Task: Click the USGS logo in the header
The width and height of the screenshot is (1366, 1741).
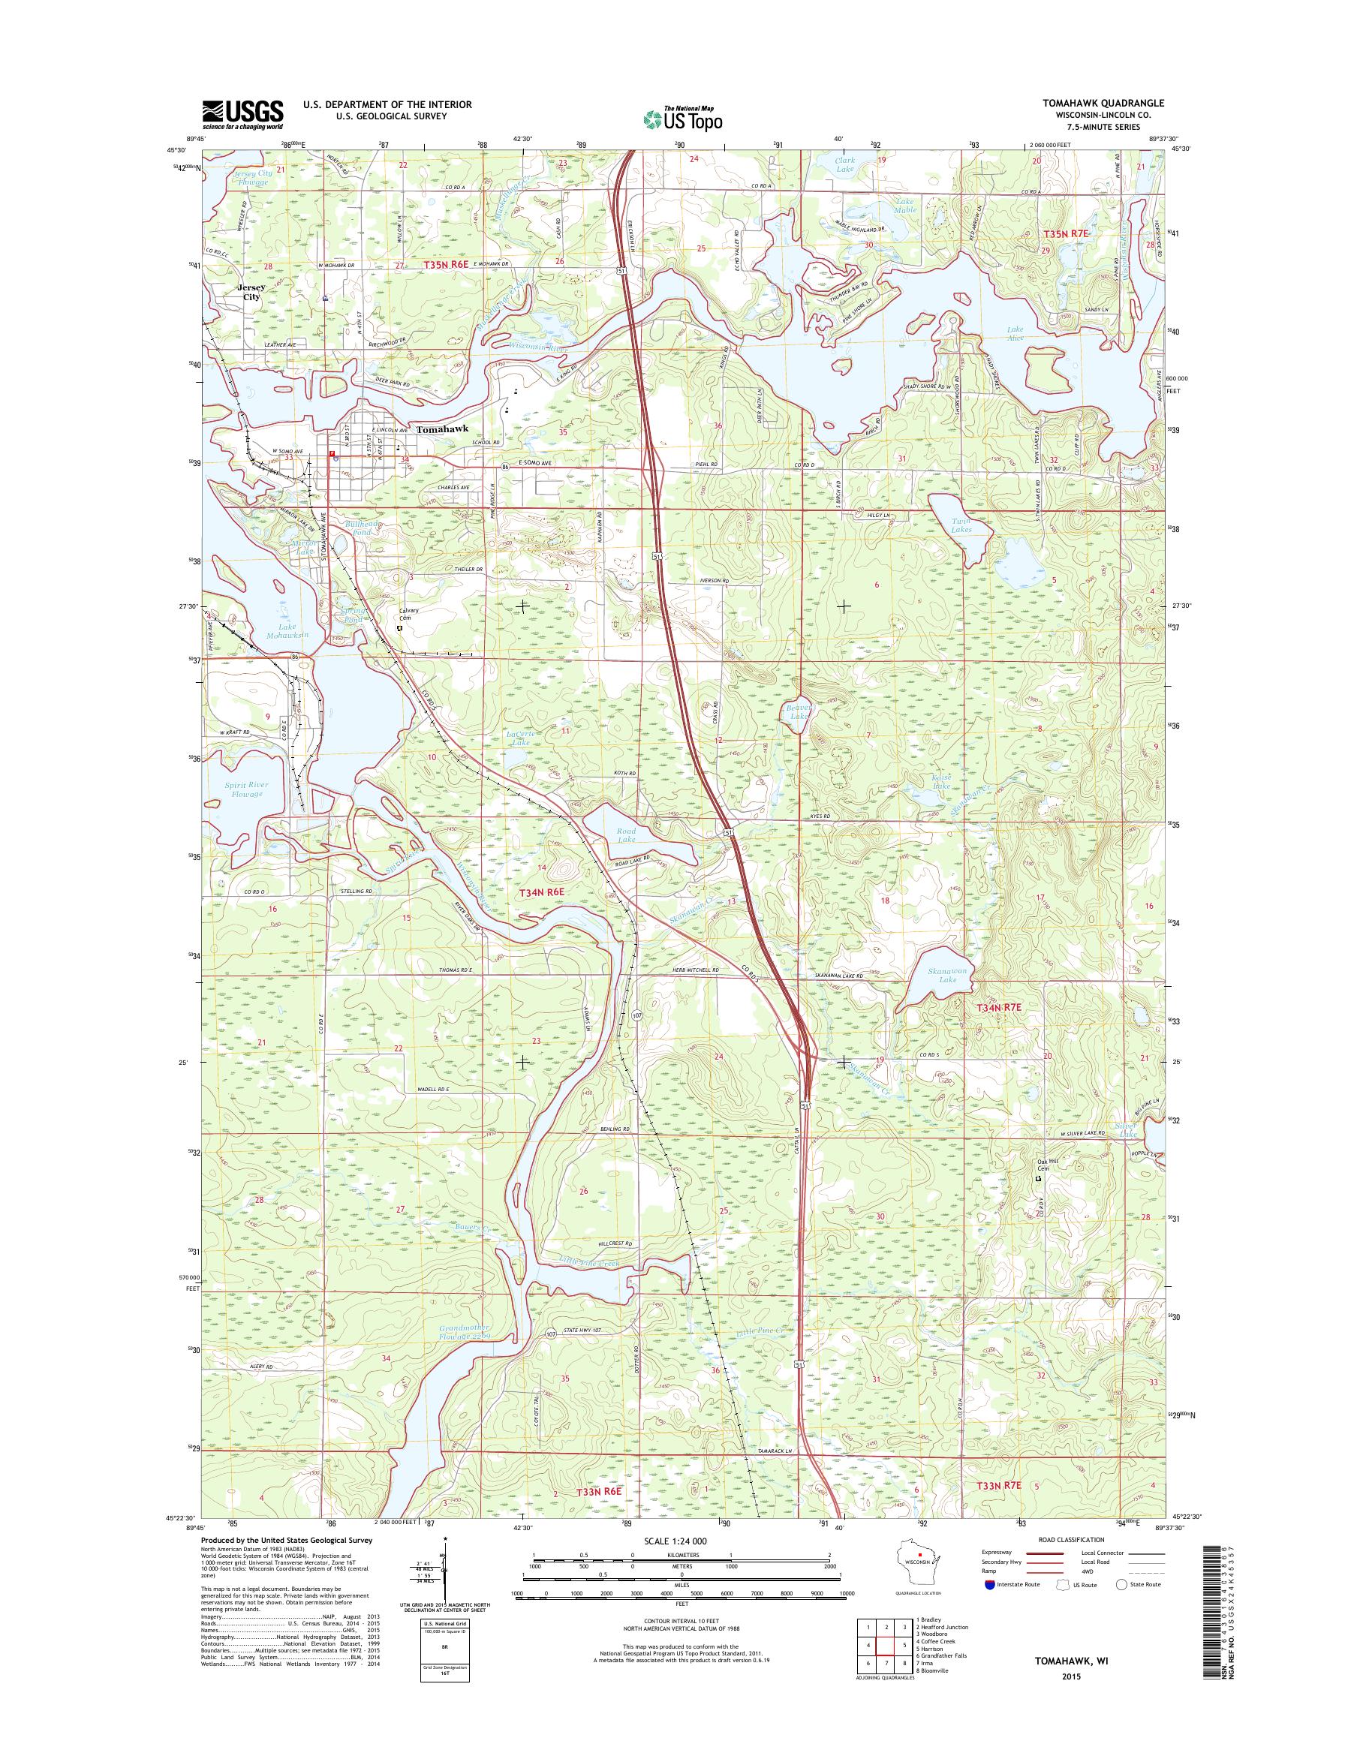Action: click(x=242, y=114)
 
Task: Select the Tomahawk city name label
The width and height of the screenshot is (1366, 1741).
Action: click(x=440, y=429)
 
